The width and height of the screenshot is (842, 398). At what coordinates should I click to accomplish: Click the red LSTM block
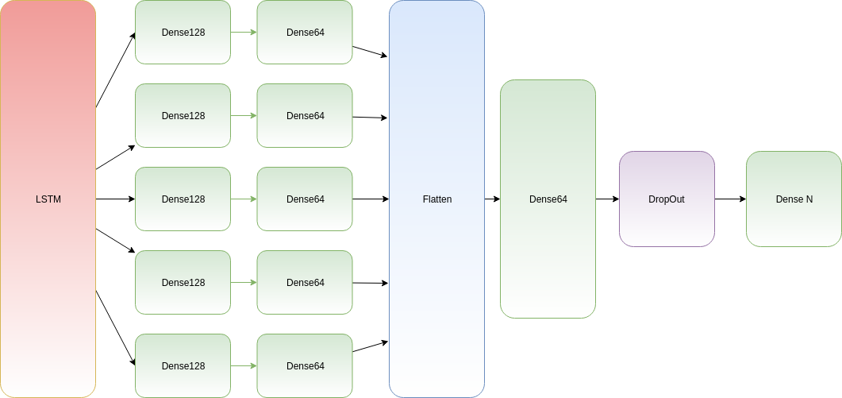click(x=48, y=119)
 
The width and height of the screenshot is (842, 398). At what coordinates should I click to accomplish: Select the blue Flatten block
click(x=436, y=119)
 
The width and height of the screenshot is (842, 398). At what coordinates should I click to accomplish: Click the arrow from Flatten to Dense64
click(x=492, y=199)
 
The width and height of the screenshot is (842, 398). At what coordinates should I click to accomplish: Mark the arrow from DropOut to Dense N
click(x=730, y=199)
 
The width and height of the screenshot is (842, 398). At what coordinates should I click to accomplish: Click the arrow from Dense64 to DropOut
click(x=607, y=199)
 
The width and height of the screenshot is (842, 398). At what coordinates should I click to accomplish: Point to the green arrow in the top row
click(x=244, y=33)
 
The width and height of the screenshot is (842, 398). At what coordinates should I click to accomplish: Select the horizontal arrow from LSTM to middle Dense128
click(x=115, y=199)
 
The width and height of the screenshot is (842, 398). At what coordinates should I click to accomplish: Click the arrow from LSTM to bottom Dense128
click(x=115, y=327)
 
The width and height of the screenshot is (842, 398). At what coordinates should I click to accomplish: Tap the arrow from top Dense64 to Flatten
click(x=370, y=52)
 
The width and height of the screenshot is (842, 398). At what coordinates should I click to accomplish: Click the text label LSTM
click(x=48, y=199)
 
